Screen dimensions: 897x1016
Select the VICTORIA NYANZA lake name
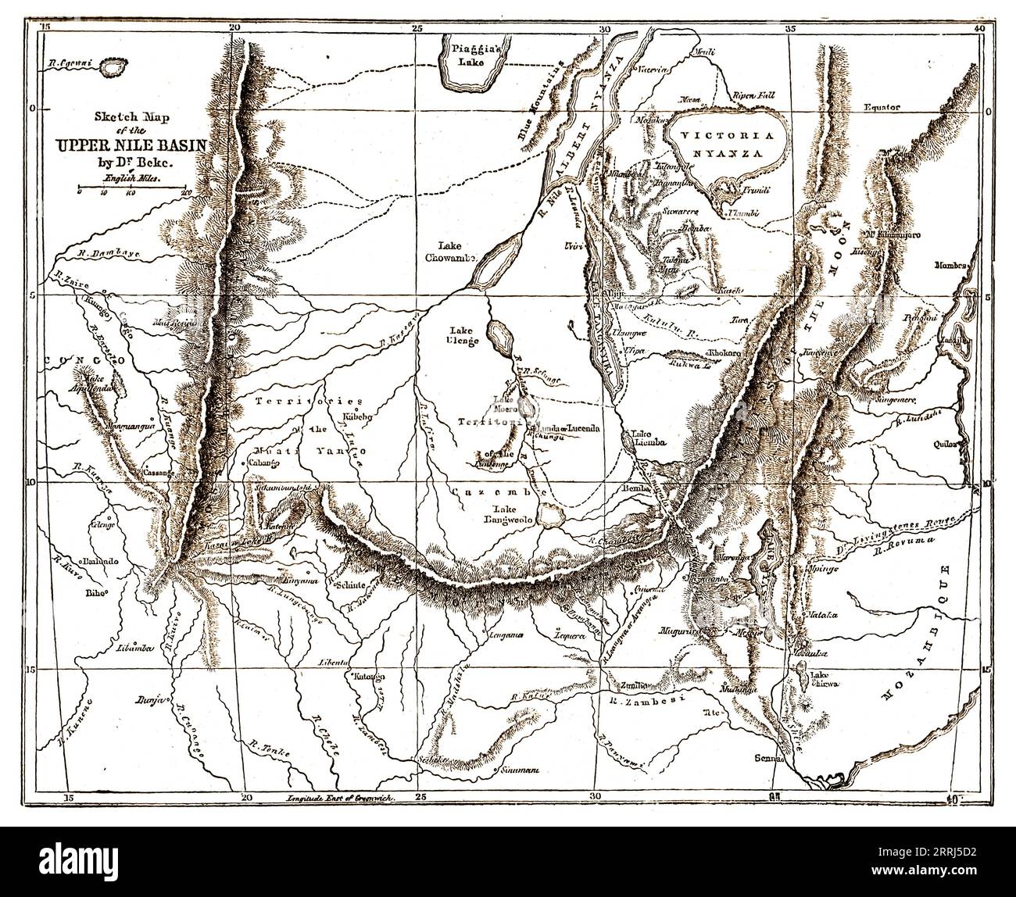pyautogui.click(x=717, y=141)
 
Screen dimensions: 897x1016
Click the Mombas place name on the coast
pyautogui.click(x=950, y=265)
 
